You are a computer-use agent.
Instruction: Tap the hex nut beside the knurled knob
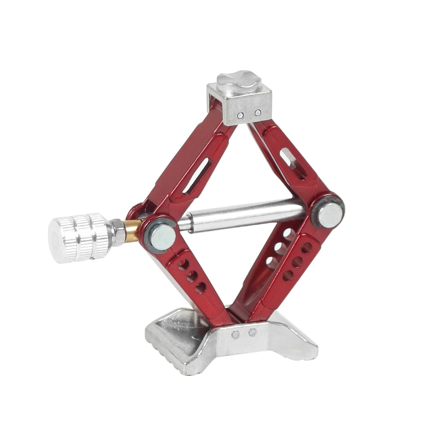[118, 233]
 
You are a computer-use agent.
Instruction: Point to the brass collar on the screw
[132, 231]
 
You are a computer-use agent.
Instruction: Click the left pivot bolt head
[162, 237]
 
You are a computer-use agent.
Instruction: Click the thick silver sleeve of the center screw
[248, 216]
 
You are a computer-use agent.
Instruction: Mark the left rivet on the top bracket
[241, 115]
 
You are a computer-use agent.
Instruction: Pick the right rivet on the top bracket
[257, 113]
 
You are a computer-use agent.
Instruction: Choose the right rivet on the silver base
[253, 332]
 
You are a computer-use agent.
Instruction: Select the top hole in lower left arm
[184, 265]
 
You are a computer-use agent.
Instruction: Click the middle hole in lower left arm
[192, 276]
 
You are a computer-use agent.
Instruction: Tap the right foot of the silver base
[295, 342]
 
